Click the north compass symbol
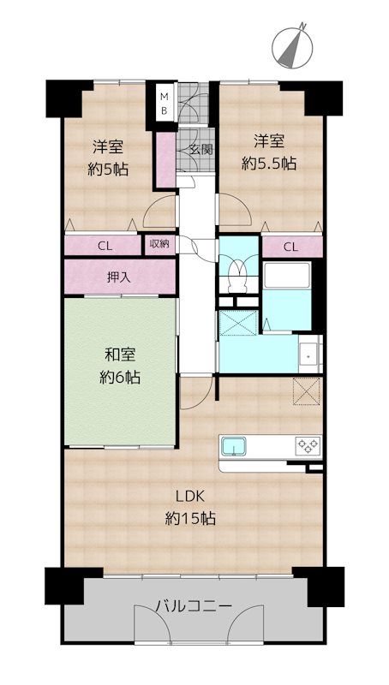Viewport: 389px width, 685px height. (292, 46)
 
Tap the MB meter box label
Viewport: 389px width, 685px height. (165, 103)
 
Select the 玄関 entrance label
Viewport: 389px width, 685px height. (202, 149)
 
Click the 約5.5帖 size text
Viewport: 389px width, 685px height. (269, 164)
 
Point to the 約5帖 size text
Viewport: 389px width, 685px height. (108, 169)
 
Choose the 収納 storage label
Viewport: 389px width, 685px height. (159, 244)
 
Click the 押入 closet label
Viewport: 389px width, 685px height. (119, 277)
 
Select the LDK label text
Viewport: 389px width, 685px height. (190, 497)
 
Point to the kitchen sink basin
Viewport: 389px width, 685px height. (234, 446)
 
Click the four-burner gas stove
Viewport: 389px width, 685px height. (308, 445)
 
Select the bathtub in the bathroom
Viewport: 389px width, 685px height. (287, 275)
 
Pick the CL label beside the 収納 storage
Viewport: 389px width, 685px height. (105, 246)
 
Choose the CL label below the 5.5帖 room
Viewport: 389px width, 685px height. (290, 247)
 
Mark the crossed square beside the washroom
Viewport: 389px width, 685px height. (238, 323)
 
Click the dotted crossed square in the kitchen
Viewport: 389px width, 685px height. (307, 391)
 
